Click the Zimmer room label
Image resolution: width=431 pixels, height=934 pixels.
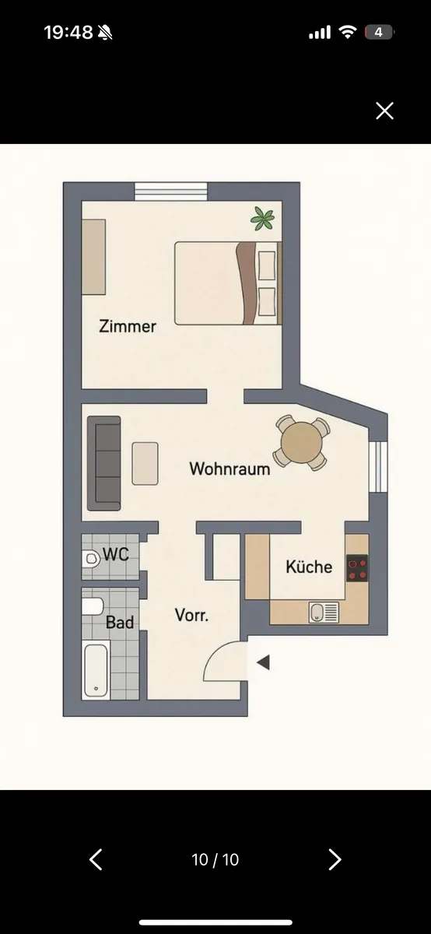pos(128,326)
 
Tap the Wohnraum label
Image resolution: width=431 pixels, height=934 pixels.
pos(230,469)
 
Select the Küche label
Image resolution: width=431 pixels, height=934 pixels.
pos(309,567)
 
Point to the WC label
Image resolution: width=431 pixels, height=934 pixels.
pos(116,554)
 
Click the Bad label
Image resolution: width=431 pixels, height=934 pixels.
pos(120,622)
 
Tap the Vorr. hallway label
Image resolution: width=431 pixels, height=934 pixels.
pos(191,615)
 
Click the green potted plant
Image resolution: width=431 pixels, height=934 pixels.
pos(263,219)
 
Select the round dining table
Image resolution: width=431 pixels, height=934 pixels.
pos(301,442)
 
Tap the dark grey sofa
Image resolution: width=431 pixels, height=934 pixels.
pos(104,463)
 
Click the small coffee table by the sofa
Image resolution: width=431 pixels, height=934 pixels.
pos(145,464)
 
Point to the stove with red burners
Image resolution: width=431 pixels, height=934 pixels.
pos(357,568)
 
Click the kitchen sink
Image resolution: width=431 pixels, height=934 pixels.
pos(324,612)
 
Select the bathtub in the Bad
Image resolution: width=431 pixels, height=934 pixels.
pos(96,671)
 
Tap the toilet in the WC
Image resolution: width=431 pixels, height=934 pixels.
pos(90,559)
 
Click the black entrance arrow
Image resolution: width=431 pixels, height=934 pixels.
pos(264,662)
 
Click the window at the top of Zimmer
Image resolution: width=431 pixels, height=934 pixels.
pos(171,191)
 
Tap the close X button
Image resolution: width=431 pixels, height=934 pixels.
pos(384,111)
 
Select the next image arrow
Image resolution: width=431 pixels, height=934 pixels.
pos(335,859)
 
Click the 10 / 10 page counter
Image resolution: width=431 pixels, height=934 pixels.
pos(215,859)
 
